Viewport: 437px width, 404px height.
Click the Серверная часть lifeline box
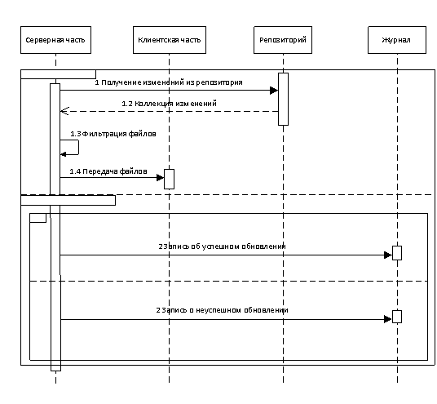click(55, 40)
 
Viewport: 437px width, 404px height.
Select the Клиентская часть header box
click(170, 40)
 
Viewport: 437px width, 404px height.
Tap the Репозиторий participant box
click(283, 40)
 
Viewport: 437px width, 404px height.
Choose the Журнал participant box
click(397, 40)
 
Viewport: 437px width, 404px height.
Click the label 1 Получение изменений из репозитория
click(169, 82)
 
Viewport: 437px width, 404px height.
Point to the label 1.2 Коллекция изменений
click(169, 104)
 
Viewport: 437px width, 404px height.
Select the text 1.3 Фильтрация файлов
click(113, 134)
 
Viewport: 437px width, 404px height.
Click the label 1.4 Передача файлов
click(108, 171)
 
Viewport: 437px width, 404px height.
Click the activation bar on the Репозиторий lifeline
click(283, 99)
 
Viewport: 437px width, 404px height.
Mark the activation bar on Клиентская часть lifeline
click(169, 179)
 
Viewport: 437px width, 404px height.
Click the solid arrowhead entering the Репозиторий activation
click(274, 91)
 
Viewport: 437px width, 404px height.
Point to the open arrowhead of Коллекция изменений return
click(64, 111)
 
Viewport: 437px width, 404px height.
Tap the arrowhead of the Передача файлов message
click(161, 177)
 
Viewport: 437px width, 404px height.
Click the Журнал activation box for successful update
click(397, 253)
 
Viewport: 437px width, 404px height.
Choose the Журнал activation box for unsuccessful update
click(397, 317)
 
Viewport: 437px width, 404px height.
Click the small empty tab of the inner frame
click(38, 218)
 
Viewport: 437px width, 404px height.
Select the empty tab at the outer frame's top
click(58, 74)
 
